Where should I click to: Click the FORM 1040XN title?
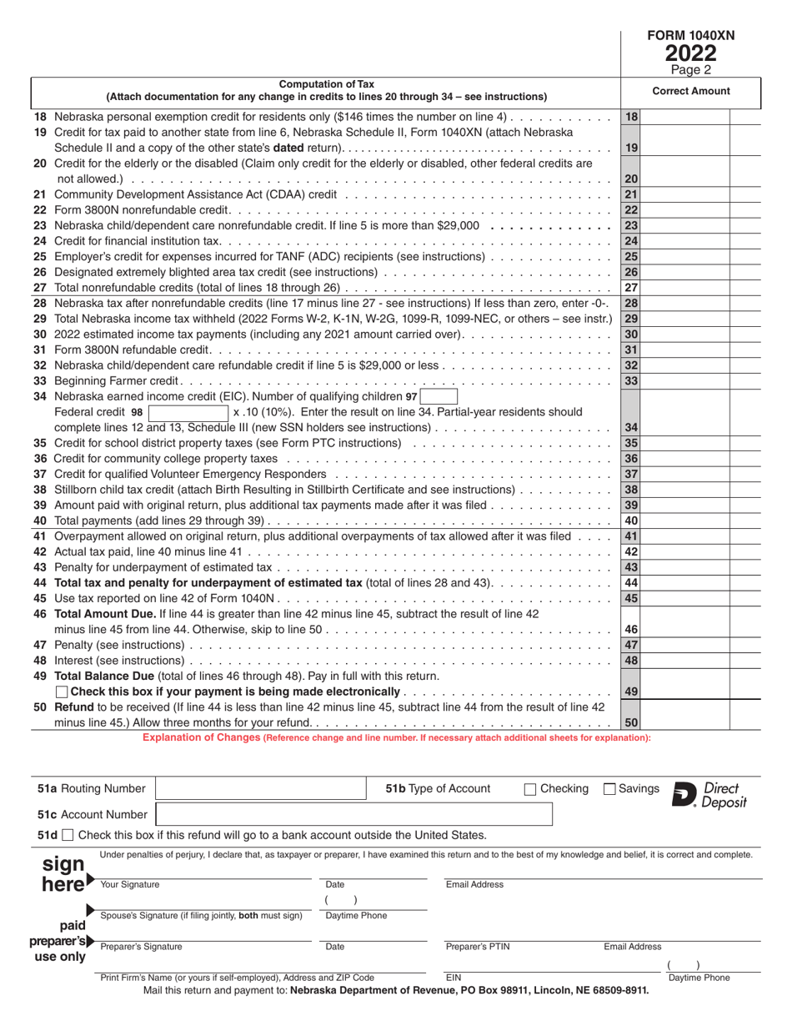click(x=691, y=36)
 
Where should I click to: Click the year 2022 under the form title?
click(x=690, y=54)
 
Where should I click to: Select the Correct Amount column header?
click(x=690, y=92)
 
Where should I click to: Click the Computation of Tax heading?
click(x=326, y=84)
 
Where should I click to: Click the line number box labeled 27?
click(x=631, y=288)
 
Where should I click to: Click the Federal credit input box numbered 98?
click(x=187, y=413)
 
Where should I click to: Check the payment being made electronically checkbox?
click(x=62, y=692)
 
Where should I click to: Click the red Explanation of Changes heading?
click(x=396, y=737)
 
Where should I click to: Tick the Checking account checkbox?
click(x=530, y=789)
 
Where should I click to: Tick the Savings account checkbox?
click(x=609, y=789)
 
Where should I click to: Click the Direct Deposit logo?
click(x=709, y=796)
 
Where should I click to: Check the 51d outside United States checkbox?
click(x=68, y=835)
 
